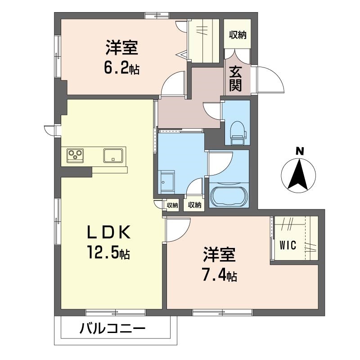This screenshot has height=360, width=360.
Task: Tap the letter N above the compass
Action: pos(299,151)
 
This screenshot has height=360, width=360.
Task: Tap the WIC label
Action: pos(288,245)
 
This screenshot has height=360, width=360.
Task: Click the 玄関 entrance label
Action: pos(235,79)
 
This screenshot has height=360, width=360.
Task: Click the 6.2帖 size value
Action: pos(121,68)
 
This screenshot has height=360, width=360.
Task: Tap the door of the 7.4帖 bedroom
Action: pos(176,229)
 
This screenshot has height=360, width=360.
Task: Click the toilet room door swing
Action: pos(212,111)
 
